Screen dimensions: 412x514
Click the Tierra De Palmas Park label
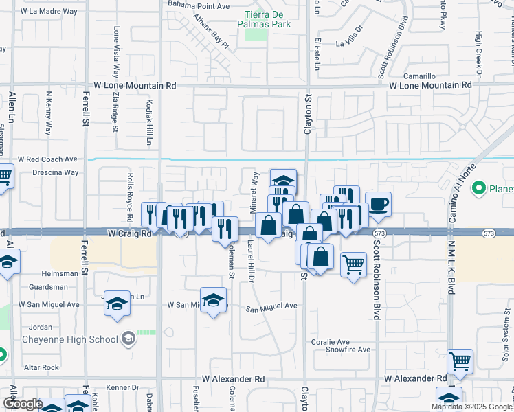tap(264, 19)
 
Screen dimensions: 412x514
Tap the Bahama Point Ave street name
tap(199, 6)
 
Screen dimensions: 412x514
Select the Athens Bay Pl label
tap(210, 31)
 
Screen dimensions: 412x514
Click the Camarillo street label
tap(419, 76)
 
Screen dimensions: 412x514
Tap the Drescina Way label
tap(56, 173)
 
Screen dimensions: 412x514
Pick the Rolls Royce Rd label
tap(130, 190)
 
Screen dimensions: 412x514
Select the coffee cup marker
tap(378, 203)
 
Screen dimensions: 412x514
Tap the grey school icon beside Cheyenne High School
tap(128, 339)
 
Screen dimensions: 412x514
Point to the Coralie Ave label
tap(331, 342)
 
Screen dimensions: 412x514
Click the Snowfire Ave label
tap(348, 350)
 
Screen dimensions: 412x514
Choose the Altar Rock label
tap(41, 367)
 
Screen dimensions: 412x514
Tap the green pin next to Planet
tap(478, 187)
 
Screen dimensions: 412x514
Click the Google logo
tap(23, 404)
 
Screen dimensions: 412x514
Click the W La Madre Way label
tap(49, 12)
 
